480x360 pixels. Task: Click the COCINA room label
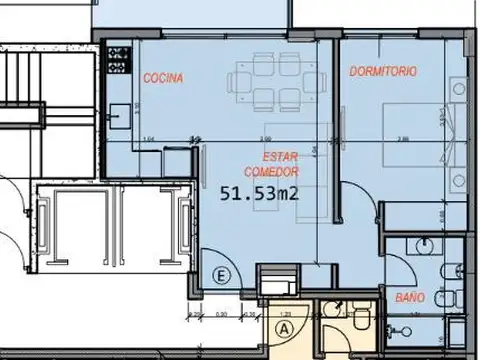point(162,78)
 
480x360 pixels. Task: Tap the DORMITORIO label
point(383,72)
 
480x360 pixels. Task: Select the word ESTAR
point(281,158)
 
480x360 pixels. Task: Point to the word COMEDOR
point(280,171)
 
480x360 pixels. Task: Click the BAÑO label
point(410,298)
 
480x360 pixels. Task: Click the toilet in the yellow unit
point(358,318)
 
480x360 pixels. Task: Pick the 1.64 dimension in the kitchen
point(149,138)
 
